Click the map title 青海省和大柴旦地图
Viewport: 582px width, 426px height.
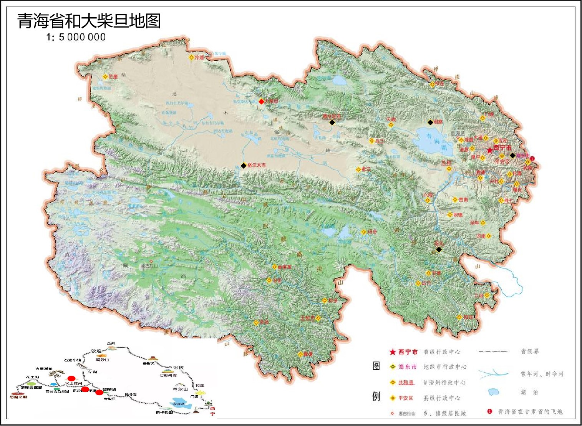coord(89,21)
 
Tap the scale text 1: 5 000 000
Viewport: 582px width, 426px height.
coord(76,37)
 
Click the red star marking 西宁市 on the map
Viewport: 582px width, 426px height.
coord(489,150)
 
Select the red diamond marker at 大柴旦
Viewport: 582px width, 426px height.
coord(261,102)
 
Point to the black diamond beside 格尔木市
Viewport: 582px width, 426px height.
coord(243,166)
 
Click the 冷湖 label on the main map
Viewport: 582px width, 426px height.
coord(199,58)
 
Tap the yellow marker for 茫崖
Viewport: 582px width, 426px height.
coord(105,77)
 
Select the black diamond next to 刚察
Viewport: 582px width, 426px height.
coord(430,123)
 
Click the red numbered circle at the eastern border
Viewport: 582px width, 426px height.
coord(532,158)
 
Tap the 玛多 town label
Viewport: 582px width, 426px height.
coord(372,232)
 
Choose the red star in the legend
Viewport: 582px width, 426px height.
coord(392,352)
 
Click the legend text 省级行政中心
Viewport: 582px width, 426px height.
coord(442,352)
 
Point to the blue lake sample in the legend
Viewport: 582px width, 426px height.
coord(493,392)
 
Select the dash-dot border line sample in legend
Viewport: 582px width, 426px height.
coord(493,351)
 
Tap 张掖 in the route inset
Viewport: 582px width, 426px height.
coord(179,368)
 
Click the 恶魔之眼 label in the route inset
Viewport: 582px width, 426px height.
coord(18,397)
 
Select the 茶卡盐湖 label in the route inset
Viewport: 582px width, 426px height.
coord(164,413)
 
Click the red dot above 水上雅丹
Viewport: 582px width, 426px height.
coord(71,378)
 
